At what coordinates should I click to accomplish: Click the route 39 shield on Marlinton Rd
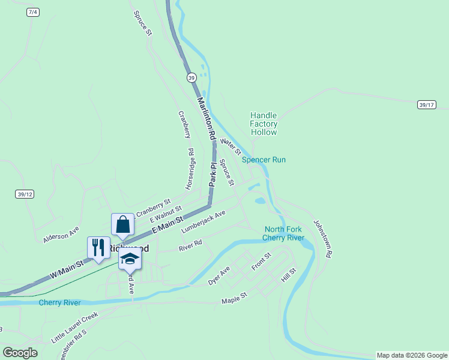[x=191, y=77]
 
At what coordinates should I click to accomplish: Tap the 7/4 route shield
[x=34, y=13]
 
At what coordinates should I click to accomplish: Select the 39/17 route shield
[x=426, y=104]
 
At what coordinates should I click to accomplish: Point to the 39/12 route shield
[x=25, y=194]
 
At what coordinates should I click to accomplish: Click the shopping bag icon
[x=123, y=225]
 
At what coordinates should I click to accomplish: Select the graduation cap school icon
[x=129, y=259]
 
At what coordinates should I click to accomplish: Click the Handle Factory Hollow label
[x=264, y=124]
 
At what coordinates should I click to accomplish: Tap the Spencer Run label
[x=264, y=160]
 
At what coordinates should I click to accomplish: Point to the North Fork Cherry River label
[x=285, y=233]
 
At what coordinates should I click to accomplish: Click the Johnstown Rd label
[x=322, y=238]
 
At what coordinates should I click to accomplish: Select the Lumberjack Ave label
[x=203, y=221]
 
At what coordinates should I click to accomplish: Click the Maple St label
[x=234, y=298]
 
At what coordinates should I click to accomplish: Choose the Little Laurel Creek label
[x=74, y=327]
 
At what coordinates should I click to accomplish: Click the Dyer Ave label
[x=219, y=275]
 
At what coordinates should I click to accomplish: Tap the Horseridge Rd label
[x=190, y=170]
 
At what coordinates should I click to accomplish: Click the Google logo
[x=20, y=353]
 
